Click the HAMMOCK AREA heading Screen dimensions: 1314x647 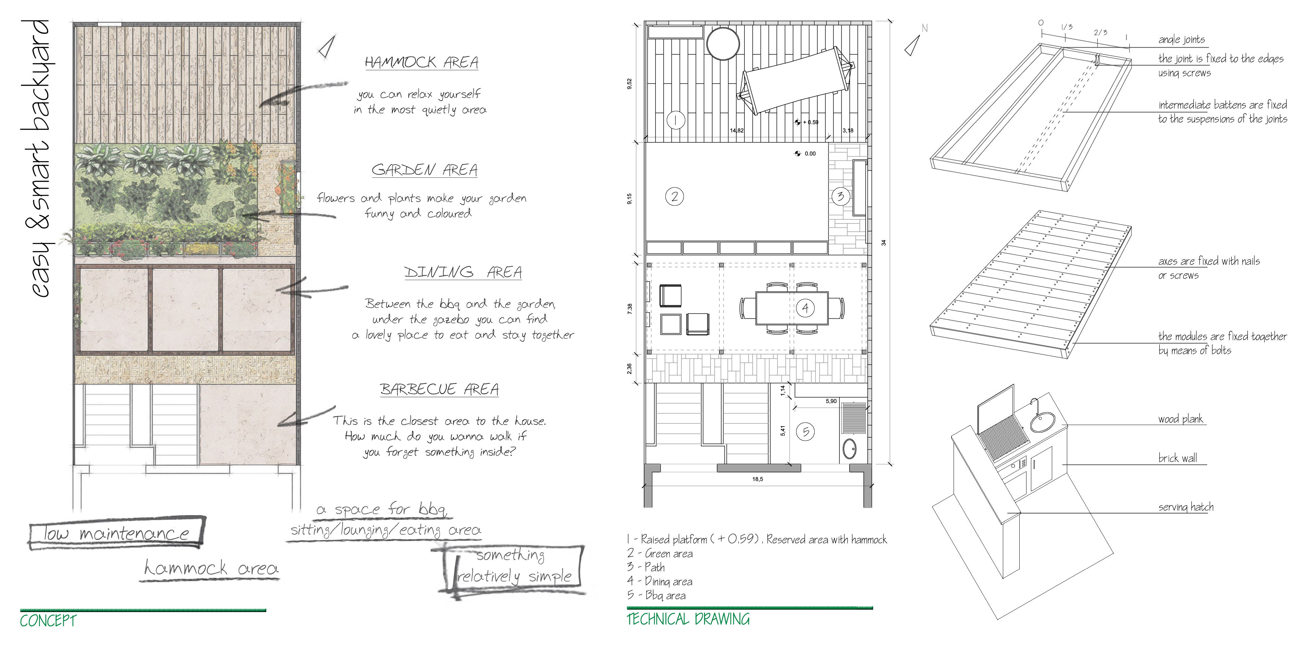point(421,62)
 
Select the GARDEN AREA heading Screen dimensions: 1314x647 point(424,169)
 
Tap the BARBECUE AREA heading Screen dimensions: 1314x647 point(439,389)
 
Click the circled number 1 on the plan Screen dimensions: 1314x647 point(675,120)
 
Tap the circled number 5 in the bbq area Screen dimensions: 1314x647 point(805,432)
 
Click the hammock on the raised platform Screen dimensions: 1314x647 point(796,80)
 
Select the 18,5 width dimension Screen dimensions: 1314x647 point(757,479)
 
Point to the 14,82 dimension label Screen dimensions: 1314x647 point(737,131)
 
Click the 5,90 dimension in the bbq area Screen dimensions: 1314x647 point(831,401)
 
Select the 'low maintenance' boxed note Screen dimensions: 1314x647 point(116,533)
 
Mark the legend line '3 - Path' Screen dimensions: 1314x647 point(646,567)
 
